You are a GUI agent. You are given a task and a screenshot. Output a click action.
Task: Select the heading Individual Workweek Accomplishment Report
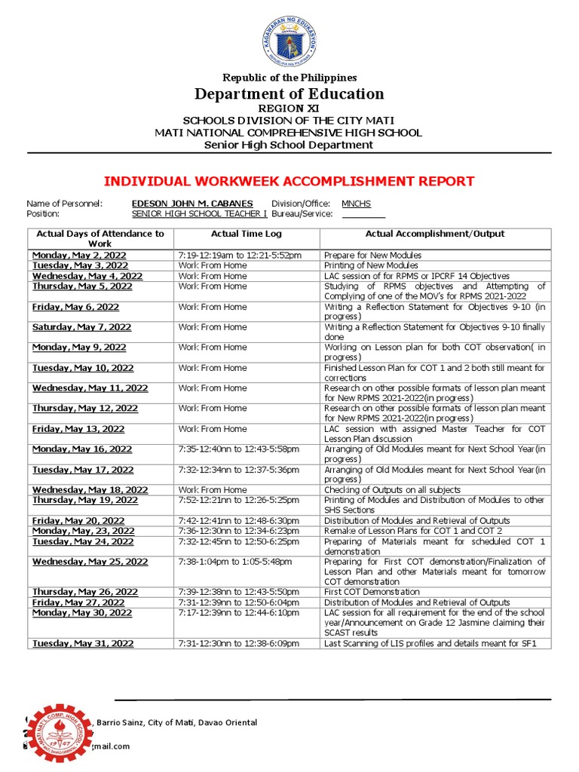289,181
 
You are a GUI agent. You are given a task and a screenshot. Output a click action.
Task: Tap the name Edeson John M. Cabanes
192,204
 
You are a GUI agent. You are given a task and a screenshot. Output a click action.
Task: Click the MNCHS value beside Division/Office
356,204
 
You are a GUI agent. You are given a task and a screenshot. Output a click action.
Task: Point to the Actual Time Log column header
246,234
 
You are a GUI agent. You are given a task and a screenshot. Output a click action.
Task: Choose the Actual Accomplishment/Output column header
435,234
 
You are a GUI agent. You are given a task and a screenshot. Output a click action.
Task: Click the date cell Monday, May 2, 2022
79,256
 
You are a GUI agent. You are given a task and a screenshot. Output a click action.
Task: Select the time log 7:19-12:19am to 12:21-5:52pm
240,256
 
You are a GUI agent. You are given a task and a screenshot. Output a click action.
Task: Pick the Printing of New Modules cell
371,266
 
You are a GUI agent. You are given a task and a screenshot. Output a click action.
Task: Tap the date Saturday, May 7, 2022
81,327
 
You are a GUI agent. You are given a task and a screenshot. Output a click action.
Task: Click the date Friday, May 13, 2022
78,429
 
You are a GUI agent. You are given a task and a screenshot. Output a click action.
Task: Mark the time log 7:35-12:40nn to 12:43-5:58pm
238,449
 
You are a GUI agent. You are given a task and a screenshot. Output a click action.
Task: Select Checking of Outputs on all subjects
392,490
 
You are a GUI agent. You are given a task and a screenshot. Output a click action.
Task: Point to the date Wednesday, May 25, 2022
90,562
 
